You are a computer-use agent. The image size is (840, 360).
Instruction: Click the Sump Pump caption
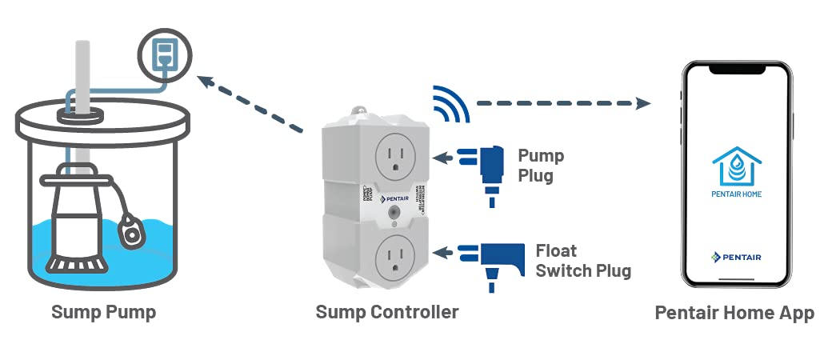coord(103,312)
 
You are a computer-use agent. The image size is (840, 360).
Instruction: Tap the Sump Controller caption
coord(387,312)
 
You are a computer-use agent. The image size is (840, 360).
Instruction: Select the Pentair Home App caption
coord(734,313)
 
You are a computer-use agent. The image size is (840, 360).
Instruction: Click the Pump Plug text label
coord(541,165)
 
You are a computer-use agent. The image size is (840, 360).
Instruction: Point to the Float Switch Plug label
coord(582,261)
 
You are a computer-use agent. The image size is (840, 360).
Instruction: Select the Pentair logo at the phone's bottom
coord(736,256)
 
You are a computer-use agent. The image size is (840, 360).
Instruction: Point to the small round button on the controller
coord(393,214)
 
